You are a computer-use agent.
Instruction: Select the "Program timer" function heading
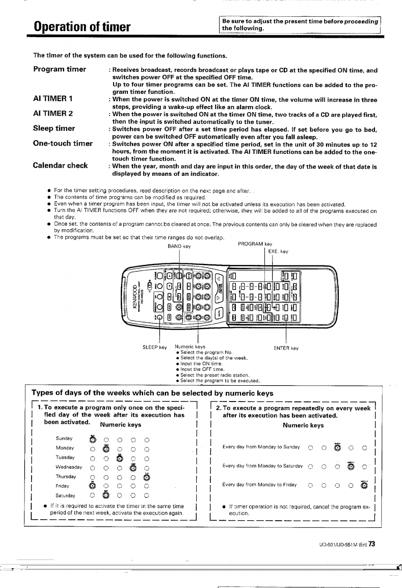(60, 69)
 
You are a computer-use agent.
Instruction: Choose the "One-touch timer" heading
(63, 143)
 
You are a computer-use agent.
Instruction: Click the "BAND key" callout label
(179, 246)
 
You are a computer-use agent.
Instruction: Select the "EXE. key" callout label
(278, 251)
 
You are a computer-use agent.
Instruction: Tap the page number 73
(372, 543)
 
